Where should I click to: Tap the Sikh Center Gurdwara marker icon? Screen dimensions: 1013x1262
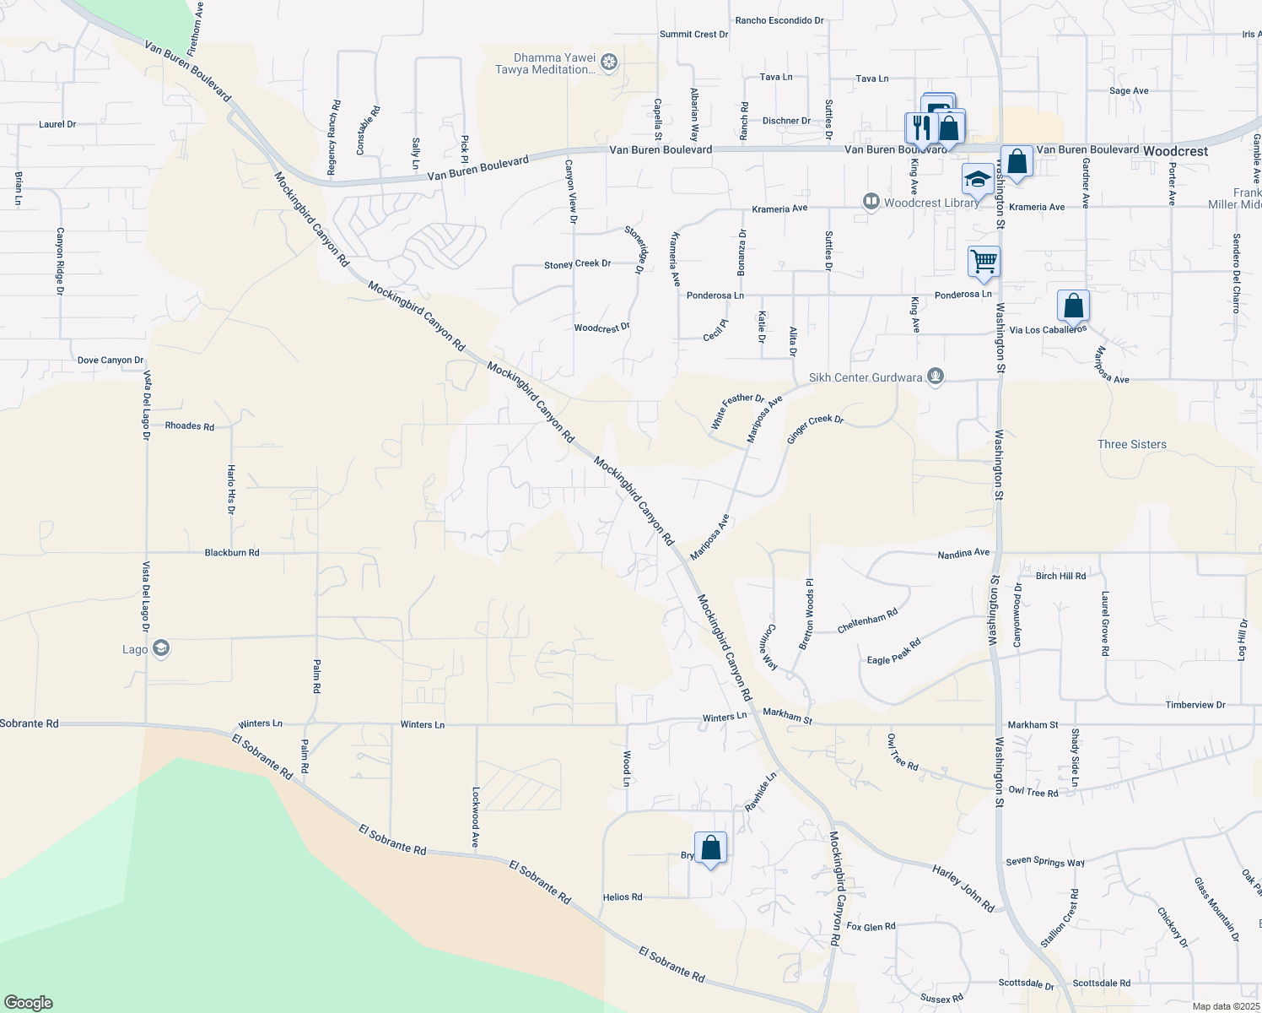click(x=935, y=376)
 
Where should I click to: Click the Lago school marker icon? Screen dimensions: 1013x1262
click(x=161, y=648)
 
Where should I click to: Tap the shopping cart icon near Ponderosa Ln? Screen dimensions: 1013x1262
click(x=984, y=261)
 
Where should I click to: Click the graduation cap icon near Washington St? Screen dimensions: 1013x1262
click(x=977, y=179)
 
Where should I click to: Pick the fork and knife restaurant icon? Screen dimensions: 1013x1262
click(x=920, y=127)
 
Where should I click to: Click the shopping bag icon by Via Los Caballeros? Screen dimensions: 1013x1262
click(x=1073, y=306)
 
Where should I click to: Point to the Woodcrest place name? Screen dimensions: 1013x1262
click(x=1175, y=151)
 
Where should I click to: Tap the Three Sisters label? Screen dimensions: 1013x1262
click(x=1132, y=444)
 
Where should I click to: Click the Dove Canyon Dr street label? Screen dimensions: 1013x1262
click(x=111, y=360)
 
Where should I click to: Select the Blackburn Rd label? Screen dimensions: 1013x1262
click(x=232, y=553)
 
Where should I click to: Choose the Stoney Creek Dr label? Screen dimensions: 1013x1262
click(x=577, y=264)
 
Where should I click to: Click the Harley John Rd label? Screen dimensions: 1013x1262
click(x=963, y=888)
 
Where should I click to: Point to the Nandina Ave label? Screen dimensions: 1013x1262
click(x=963, y=554)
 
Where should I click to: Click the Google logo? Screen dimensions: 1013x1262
click(x=28, y=1002)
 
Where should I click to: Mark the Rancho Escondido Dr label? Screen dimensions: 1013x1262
click(x=779, y=20)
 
